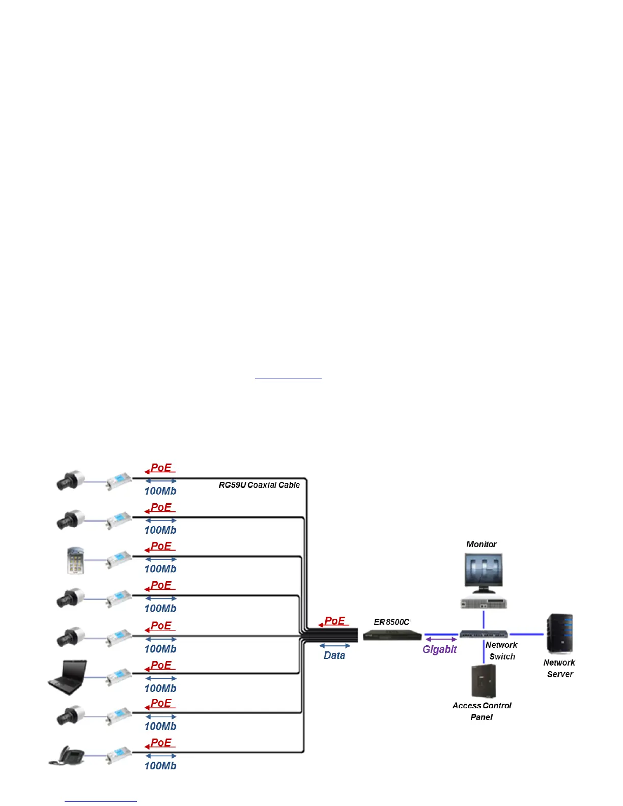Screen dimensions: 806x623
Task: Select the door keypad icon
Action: (75, 560)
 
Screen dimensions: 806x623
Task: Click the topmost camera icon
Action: (70, 481)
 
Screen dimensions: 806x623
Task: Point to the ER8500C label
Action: (391, 622)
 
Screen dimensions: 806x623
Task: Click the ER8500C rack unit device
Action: (392, 635)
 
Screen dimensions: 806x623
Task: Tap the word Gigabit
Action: (439, 649)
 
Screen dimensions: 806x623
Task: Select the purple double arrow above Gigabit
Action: (441, 639)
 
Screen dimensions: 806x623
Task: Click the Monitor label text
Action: (481, 544)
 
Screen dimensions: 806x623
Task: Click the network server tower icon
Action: (559, 634)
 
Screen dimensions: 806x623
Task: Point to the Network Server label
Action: (559, 668)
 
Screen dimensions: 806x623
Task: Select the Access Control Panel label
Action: (482, 711)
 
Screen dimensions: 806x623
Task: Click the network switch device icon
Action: (484, 635)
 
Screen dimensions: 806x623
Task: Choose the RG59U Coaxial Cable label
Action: (259, 485)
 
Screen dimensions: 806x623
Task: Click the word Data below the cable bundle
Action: (334, 655)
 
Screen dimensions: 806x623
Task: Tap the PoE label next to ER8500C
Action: (335, 621)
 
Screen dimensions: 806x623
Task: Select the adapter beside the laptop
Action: (119, 676)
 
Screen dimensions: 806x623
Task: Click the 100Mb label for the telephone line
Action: (160, 766)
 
